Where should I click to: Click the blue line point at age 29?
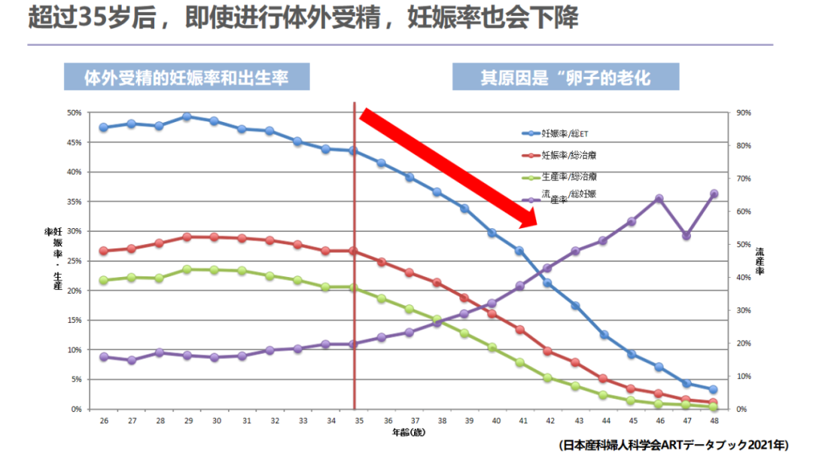187,117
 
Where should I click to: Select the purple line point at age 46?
659,199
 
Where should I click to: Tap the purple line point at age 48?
714,193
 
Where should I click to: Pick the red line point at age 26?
103,251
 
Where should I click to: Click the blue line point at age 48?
714,389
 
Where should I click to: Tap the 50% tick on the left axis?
75,113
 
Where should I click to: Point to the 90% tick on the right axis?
744,113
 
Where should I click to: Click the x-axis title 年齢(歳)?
409,433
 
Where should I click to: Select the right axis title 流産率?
760,260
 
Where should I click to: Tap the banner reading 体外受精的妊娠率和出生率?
187,78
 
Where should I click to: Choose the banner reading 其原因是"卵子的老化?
565,78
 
